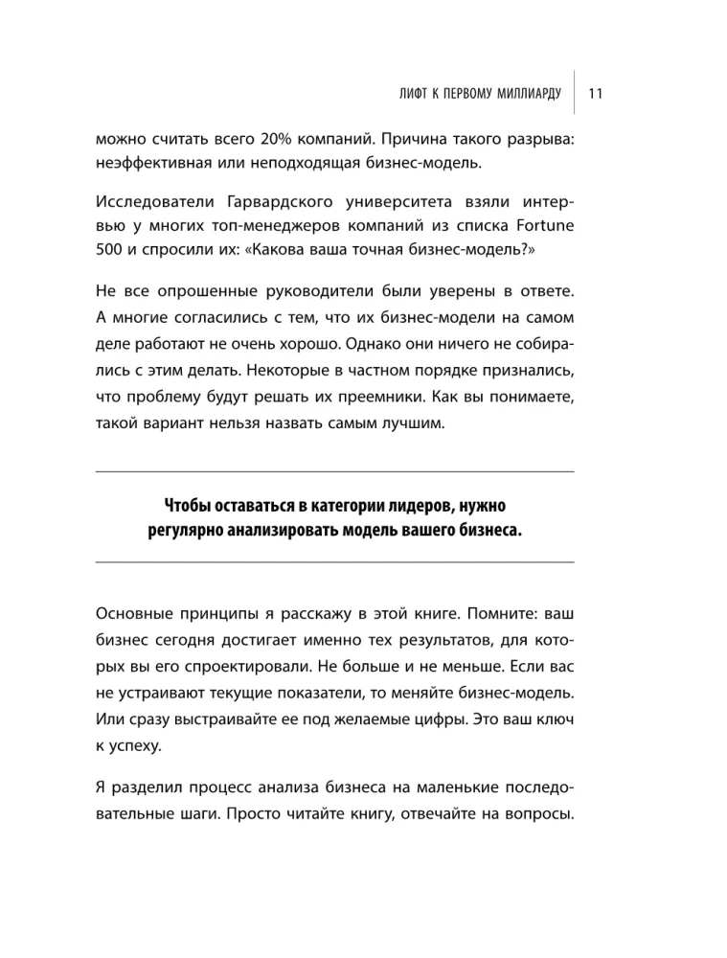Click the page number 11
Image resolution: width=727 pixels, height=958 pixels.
point(595,93)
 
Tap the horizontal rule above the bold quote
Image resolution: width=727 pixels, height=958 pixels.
point(335,470)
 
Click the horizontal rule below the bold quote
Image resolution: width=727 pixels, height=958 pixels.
point(335,561)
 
